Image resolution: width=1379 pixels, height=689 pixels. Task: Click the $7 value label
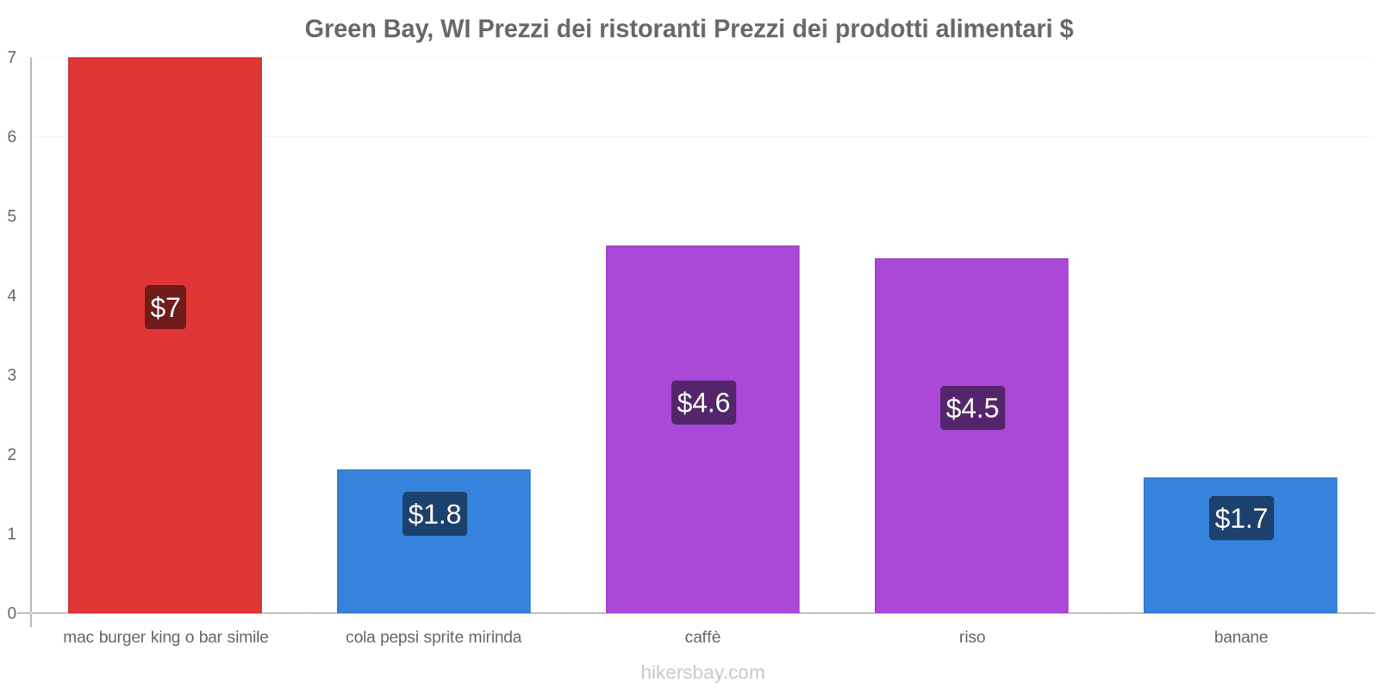[x=165, y=307]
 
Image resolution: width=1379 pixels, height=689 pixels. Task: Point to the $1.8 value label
[x=434, y=514]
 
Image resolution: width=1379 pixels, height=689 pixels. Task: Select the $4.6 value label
[x=703, y=402]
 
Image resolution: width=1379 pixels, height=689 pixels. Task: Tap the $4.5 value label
[x=972, y=407]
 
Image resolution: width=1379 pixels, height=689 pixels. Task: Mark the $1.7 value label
[x=1241, y=518]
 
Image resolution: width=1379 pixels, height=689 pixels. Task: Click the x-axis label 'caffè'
[x=702, y=637]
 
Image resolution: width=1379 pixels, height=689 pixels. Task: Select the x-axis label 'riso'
[x=972, y=637]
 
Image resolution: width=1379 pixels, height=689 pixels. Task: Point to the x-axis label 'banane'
[x=1240, y=637]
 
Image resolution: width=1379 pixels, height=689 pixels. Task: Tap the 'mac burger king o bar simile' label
[x=165, y=637]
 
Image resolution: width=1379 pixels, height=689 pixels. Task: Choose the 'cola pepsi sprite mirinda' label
[x=434, y=637]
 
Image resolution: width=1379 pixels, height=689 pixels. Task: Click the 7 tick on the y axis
[x=12, y=58]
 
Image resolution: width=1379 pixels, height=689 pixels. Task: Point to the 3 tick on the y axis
[x=12, y=375]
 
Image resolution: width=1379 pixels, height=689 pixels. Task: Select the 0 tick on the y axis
[x=12, y=613]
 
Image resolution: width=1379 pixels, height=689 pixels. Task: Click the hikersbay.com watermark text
[x=702, y=673]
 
